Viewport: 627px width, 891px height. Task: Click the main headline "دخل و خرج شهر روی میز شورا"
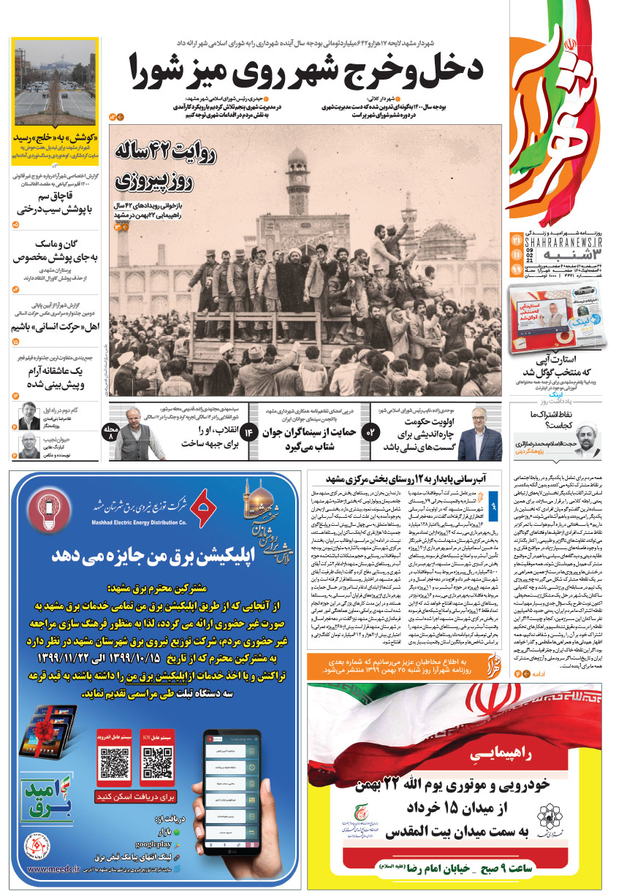[307, 69]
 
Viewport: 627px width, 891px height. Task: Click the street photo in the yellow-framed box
[55, 84]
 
